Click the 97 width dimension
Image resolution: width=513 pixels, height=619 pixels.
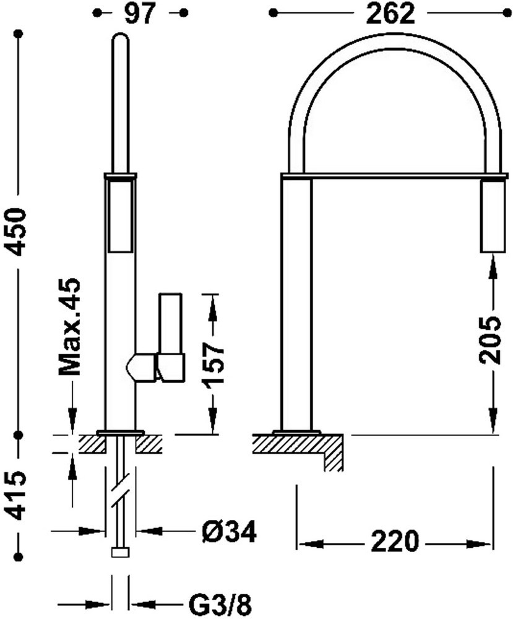click(140, 14)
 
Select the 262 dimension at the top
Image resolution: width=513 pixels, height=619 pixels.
click(390, 14)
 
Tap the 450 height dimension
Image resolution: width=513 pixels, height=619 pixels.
click(17, 232)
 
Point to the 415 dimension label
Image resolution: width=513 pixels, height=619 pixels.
click(17, 495)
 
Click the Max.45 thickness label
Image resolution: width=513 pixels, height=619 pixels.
click(69, 326)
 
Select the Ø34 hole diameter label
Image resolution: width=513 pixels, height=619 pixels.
click(229, 531)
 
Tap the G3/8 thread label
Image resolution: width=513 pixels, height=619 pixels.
click(220, 604)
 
